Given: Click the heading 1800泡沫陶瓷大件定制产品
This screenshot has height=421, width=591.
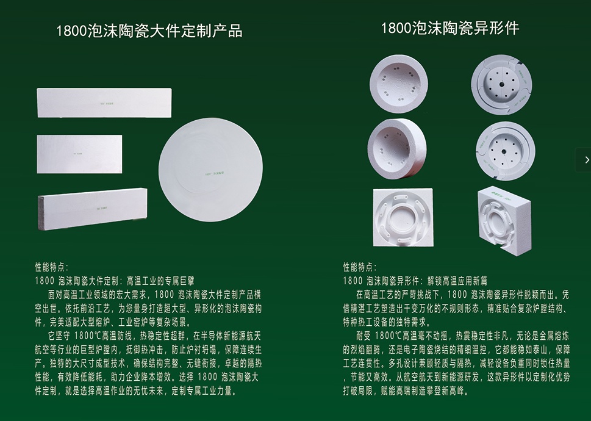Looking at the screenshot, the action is point(149,31).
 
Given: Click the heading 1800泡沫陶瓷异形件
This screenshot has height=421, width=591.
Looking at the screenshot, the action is point(450,28).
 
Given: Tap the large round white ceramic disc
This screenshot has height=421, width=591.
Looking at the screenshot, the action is point(210,170).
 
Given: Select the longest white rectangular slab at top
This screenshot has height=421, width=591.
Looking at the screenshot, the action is point(104,103).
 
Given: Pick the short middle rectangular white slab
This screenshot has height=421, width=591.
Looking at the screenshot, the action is point(79,154).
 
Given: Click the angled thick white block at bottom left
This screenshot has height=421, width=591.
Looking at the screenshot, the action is point(92,209).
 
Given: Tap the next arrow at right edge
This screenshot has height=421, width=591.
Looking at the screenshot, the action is point(586,160).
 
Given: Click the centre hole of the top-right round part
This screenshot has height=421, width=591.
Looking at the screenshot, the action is point(502,84).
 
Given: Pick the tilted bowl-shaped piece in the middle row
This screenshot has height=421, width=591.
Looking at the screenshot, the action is point(397,148).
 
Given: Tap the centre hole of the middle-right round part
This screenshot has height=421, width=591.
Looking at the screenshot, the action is point(504,151).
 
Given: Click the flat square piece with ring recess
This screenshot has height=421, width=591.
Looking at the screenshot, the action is point(403,218).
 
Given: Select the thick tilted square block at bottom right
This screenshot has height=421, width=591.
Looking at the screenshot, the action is point(504,220).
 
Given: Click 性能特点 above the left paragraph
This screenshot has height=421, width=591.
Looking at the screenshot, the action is point(52,267).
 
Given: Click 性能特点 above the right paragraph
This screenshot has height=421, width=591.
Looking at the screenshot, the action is point(360,267).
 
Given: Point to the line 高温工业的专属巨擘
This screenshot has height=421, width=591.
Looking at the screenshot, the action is point(160,281).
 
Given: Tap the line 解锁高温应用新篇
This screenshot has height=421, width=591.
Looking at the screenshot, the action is point(457,281).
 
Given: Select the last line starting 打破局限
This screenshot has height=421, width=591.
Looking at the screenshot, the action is point(406,391).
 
